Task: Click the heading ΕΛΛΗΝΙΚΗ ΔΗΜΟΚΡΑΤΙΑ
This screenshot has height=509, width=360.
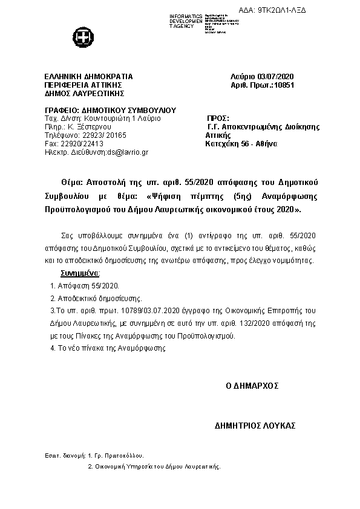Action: pos(88,77)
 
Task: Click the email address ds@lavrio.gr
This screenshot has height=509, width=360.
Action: pos(127,153)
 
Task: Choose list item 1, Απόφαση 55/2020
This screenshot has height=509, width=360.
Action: pos(85,286)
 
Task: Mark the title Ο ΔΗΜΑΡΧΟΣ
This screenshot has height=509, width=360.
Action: pos(252,385)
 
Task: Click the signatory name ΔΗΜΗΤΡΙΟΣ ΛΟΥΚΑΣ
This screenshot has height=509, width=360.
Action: pos(255,426)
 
